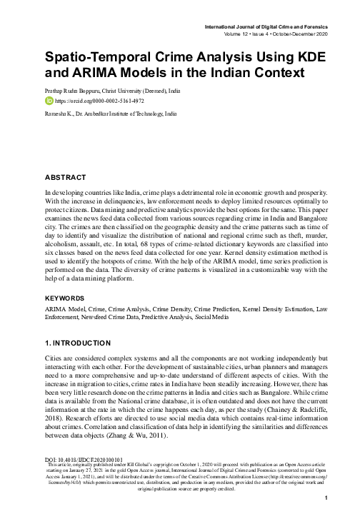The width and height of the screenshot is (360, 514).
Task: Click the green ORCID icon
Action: [x=49, y=101]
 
